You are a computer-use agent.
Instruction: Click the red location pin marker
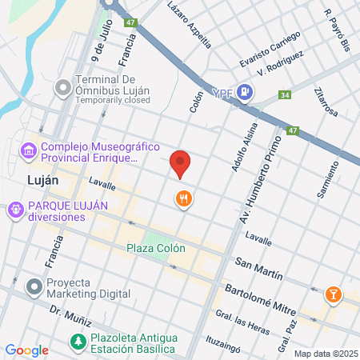(181, 163)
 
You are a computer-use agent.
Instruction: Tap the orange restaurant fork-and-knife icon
(184, 198)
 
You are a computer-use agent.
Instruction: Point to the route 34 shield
(284, 96)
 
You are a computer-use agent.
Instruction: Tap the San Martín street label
(259, 267)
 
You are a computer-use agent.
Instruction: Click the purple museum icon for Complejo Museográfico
(28, 151)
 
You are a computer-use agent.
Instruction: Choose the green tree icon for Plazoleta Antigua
(78, 342)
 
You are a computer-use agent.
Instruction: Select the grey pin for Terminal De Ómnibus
(62, 86)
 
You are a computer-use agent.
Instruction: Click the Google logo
(26, 350)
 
